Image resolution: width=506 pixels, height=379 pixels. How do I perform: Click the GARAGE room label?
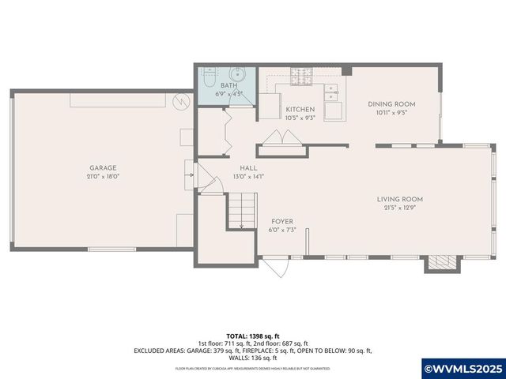(x=103, y=167)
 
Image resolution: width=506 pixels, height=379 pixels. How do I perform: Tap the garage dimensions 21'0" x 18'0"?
(x=103, y=177)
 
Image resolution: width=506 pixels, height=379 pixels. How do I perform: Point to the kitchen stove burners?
(x=302, y=77)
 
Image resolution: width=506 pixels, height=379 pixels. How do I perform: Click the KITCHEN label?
(x=300, y=110)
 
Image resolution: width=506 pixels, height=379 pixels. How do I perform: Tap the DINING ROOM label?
(x=392, y=103)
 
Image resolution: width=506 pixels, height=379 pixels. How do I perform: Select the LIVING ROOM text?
(x=400, y=199)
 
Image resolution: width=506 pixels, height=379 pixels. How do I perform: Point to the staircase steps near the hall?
(x=243, y=210)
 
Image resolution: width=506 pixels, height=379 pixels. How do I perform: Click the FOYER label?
(x=282, y=221)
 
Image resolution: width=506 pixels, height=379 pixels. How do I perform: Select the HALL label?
(x=249, y=167)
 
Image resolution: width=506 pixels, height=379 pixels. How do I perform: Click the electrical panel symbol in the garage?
(x=180, y=101)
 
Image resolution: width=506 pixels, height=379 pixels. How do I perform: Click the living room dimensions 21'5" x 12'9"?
(x=400, y=208)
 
